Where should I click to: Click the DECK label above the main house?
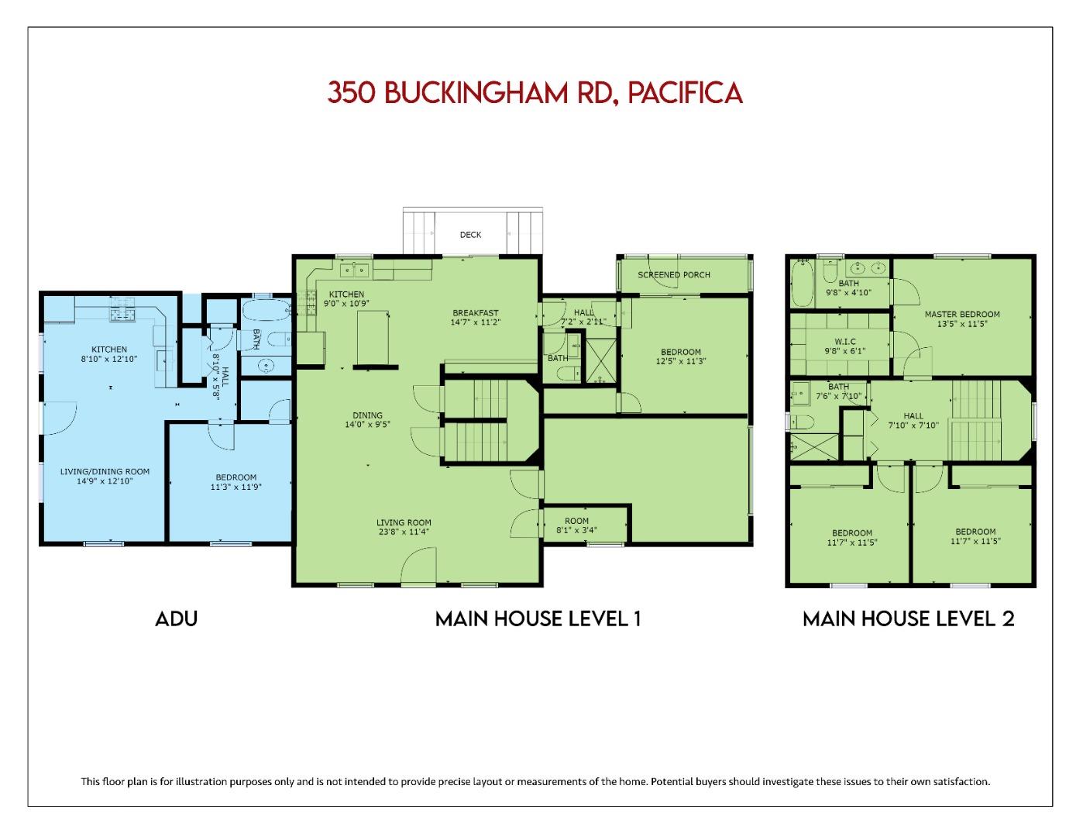click(470, 234)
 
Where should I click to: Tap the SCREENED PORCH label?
click(674, 274)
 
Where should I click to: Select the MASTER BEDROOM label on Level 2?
click(962, 314)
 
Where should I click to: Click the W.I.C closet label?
click(845, 341)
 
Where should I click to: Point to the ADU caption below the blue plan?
click(177, 618)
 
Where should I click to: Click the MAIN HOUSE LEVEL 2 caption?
click(908, 618)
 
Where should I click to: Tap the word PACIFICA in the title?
click(685, 92)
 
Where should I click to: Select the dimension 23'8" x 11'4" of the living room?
click(404, 532)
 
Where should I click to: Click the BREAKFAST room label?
click(476, 313)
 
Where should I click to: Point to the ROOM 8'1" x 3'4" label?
click(576, 525)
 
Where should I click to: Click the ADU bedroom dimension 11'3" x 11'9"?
click(236, 487)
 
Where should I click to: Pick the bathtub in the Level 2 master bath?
click(801, 284)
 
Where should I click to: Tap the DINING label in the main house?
click(367, 415)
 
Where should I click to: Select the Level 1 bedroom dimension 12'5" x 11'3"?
click(681, 361)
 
